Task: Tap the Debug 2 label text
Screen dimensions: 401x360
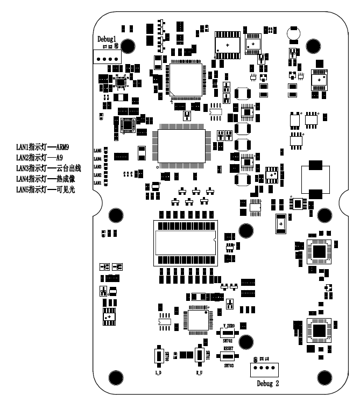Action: [265, 385]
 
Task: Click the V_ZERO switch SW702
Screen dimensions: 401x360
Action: [228, 334]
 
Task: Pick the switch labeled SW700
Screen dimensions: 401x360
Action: [159, 355]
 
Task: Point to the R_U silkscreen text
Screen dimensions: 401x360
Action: [199, 372]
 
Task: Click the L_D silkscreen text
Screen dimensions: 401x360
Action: [159, 372]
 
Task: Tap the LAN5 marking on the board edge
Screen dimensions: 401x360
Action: [97, 150]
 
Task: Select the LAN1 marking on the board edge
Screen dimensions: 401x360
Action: [97, 183]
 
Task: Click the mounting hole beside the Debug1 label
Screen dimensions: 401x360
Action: [128, 45]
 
